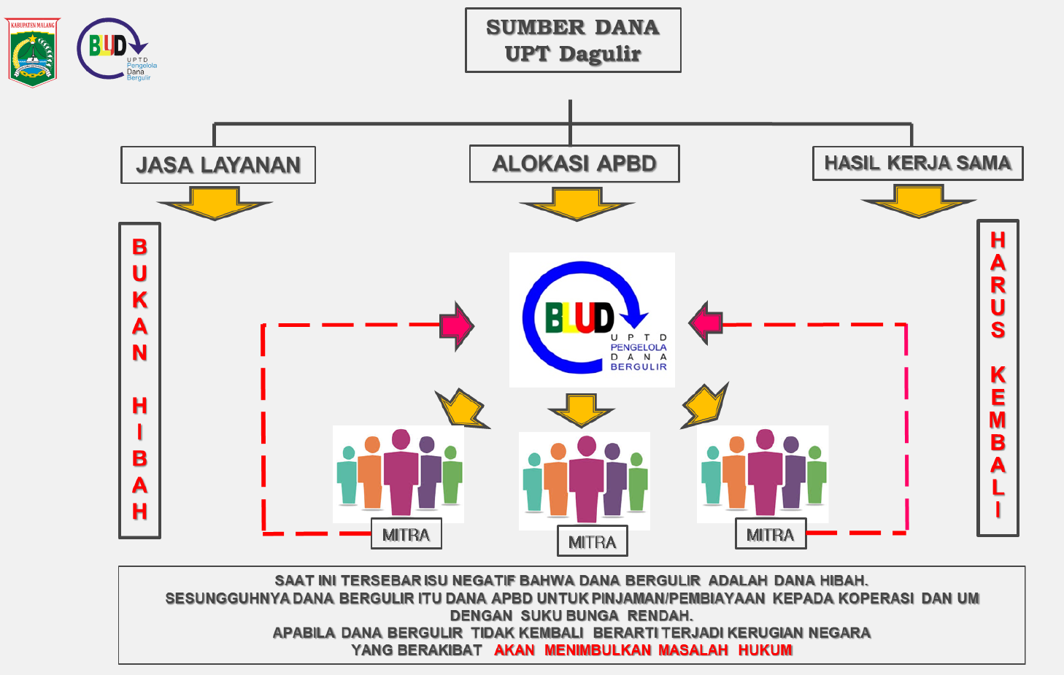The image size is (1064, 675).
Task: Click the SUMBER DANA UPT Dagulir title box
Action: tap(573, 40)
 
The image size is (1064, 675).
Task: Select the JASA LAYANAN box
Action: tap(218, 165)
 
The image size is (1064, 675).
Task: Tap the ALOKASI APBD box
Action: tap(574, 163)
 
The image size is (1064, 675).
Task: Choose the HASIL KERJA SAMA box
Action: tap(917, 163)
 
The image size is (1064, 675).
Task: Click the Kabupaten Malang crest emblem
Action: tap(33, 53)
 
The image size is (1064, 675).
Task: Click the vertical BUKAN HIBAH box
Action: tap(139, 380)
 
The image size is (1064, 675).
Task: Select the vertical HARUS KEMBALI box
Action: tap(998, 378)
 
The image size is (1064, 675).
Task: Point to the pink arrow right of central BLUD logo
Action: tap(706, 323)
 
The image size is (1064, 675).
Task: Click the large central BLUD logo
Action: tap(592, 320)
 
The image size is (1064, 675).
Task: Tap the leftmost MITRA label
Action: tap(406, 535)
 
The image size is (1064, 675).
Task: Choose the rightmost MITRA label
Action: tap(770, 535)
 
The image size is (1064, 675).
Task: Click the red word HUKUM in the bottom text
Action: tap(765, 650)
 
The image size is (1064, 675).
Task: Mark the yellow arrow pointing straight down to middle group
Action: tap(582, 410)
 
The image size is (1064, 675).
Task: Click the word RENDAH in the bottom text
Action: tap(660, 615)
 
